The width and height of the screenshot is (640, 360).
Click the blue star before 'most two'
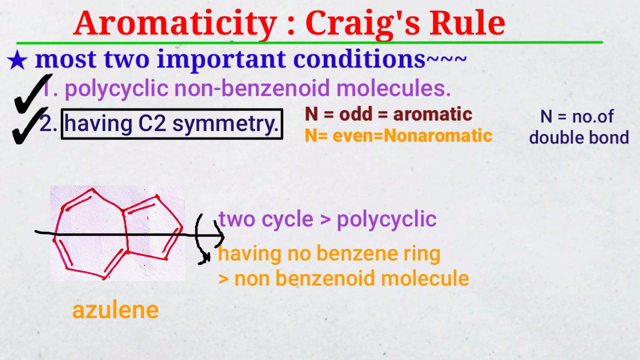pos(17,61)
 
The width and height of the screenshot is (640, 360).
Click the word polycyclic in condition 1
pos(117,89)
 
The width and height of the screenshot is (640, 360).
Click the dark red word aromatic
pos(432,114)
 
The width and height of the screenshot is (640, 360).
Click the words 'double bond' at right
pos(578,137)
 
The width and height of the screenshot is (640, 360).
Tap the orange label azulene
pos(115,310)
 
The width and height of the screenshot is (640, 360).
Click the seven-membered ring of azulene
pos(90,232)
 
